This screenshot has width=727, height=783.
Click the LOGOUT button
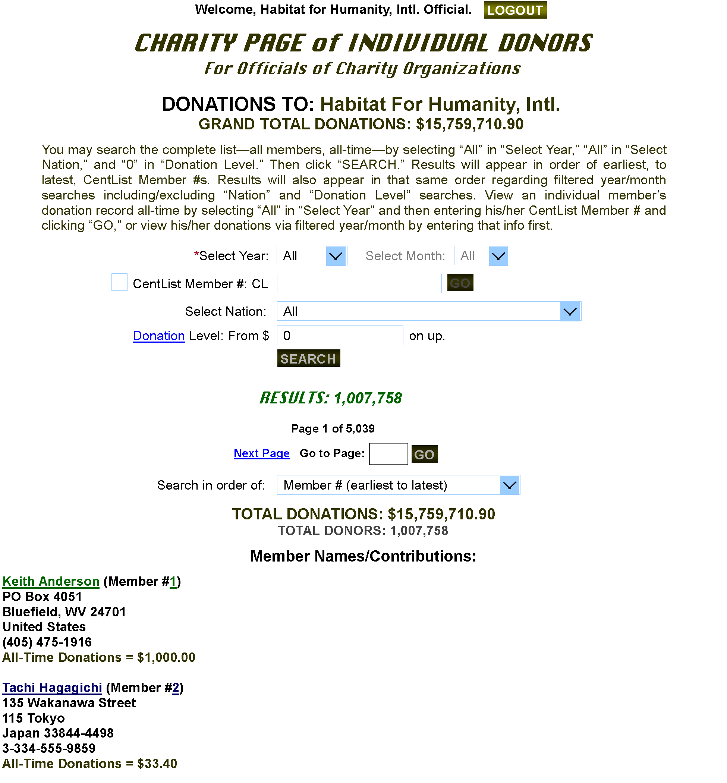pyautogui.click(x=515, y=10)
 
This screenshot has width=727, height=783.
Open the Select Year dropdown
pyautogui.click(x=312, y=256)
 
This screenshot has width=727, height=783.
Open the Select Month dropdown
pyautogui.click(x=482, y=256)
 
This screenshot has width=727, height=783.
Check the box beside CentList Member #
pyautogui.click(x=119, y=282)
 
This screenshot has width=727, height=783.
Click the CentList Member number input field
pyautogui.click(x=359, y=283)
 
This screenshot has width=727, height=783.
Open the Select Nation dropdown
pyautogui.click(x=429, y=311)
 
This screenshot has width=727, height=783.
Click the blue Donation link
pyautogui.click(x=159, y=336)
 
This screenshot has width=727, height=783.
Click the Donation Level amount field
pyautogui.click(x=340, y=336)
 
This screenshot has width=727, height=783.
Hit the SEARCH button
pyautogui.click(x=308, y=358)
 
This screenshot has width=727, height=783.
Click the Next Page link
pyautogui.click(x=262, y=453)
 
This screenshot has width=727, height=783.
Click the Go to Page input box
pyautogui.click(x=388, y=454)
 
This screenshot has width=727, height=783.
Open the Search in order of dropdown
pyautogui.click(x=399, y=485)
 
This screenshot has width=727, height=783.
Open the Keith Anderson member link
pyautogui.click(x=51, y=582)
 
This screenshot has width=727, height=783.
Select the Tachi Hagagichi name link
pyautogui.click(x=52, y=688)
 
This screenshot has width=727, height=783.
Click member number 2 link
pyautogui.click(x=176, y=688)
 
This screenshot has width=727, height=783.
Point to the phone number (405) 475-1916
pyautogui.click(x=47, y=642)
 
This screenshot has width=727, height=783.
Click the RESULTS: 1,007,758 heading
pyautogui.click(x=331, y=398)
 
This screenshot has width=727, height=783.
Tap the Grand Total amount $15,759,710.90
pyautogui.click(x=470, y=124)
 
